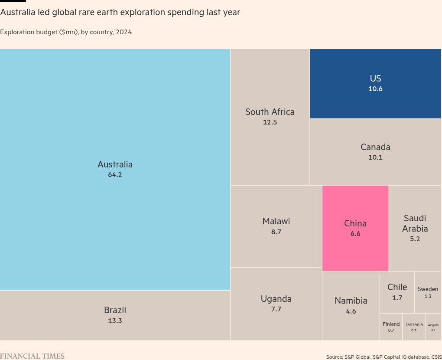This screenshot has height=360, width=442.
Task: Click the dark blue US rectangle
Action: [x=375, y=83]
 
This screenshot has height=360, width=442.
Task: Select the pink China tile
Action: [x=355, y=228]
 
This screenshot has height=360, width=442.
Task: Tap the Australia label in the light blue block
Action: [x=115, y=164]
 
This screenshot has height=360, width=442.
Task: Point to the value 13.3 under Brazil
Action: [x=115, y=321]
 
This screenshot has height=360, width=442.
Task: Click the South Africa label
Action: [x=270, y=112]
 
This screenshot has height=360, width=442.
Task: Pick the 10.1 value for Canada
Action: [x=375, y=157]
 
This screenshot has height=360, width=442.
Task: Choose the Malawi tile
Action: [x=276, y=226]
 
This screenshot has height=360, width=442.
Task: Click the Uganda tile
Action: [x=276, y=304]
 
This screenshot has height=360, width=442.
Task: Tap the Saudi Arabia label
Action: [x=415, y=223]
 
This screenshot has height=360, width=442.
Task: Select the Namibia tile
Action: [x=351, y=305]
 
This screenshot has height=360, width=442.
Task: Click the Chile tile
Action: [x=397, y=292]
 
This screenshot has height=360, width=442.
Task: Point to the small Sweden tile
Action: [x=428, y=292]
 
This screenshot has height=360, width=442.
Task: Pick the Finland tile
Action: [x=391, y=327]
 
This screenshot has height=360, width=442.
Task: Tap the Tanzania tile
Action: [x=413, y=327]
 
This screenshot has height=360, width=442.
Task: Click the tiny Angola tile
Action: [x=433, y=327]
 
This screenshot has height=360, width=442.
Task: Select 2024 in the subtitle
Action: [x=123, y=32]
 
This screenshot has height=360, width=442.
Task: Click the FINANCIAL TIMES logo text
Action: [x=32, y=356]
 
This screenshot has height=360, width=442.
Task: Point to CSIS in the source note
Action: [x=436, y=357]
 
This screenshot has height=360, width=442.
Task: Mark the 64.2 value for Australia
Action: [x=115, y=175]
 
